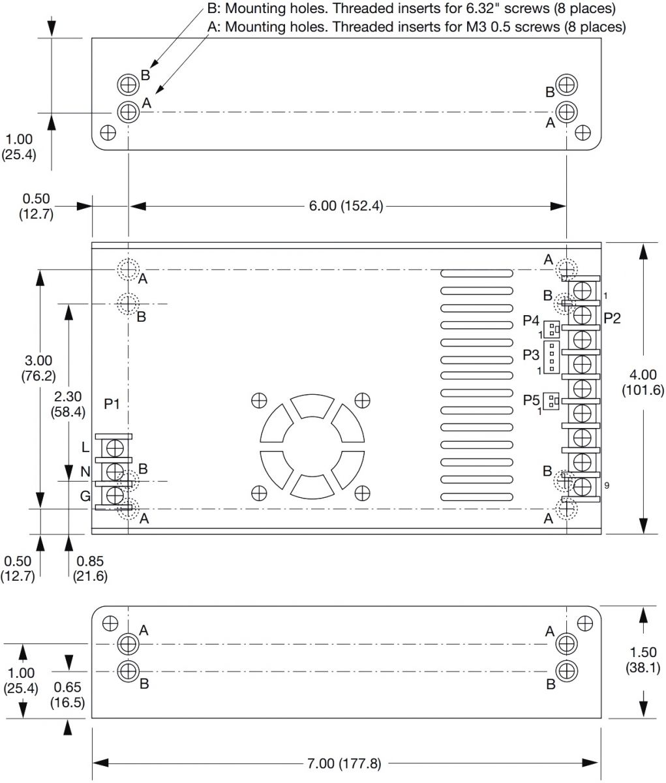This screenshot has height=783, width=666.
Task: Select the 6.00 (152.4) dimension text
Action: pos(346,206)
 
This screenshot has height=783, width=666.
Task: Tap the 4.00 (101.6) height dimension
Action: pos(643,382)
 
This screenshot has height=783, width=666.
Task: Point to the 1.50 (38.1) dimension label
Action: pos(643,660)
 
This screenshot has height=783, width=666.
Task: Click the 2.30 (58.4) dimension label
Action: pos(68,404)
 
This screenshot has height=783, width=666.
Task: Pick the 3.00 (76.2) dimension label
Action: pos(38,368)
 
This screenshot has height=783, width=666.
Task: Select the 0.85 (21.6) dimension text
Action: pos(90,568)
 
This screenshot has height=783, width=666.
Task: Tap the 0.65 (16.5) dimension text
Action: pos(67,695)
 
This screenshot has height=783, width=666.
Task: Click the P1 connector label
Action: pos(112,404)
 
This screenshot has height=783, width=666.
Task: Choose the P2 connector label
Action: pos(612,318)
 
